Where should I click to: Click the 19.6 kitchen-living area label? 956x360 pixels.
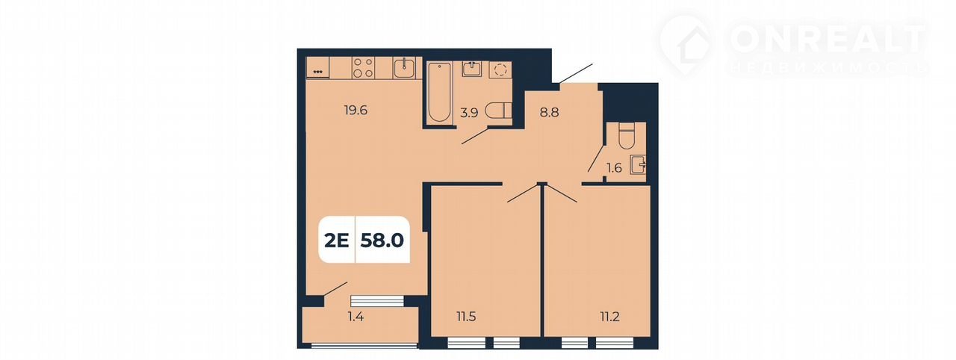coord(356,111)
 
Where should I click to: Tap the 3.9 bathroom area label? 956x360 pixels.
coord(469,113)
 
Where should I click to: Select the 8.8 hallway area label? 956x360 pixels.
coord(549,113)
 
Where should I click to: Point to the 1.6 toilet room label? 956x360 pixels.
coord(614,168)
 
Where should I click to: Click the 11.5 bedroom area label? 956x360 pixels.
coord(466,317)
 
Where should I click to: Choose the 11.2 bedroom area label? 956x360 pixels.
coord(610,317)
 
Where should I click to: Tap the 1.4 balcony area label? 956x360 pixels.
coord(356,317)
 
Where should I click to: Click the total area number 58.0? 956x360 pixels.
coord(382,240)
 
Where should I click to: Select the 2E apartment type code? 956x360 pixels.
coord(337,240)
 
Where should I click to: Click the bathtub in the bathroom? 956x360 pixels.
coord(440,92)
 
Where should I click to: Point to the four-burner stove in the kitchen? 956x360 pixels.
coord(363,68)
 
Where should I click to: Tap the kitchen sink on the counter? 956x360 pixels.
coord(404,68)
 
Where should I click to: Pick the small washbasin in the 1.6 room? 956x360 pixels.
coord(639,164)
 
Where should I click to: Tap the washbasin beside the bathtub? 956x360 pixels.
coord(471,69)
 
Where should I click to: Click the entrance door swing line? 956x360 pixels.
coord(575,73)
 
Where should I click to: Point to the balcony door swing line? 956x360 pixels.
coord(335,289)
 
